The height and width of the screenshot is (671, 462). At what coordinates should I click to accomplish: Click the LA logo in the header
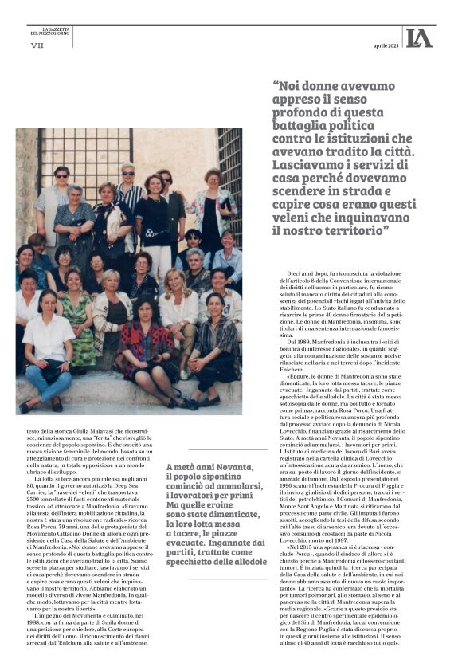click(x=418, y=37)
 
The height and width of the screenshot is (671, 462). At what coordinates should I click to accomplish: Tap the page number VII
click(x=37, y=46)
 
